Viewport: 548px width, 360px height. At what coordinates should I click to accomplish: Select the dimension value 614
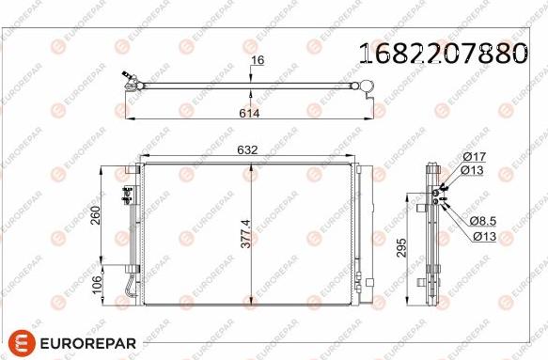[249, 113]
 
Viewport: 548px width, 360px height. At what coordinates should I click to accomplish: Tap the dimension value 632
[249, 149]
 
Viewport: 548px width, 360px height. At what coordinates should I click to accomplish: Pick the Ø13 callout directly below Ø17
[472, 170]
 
